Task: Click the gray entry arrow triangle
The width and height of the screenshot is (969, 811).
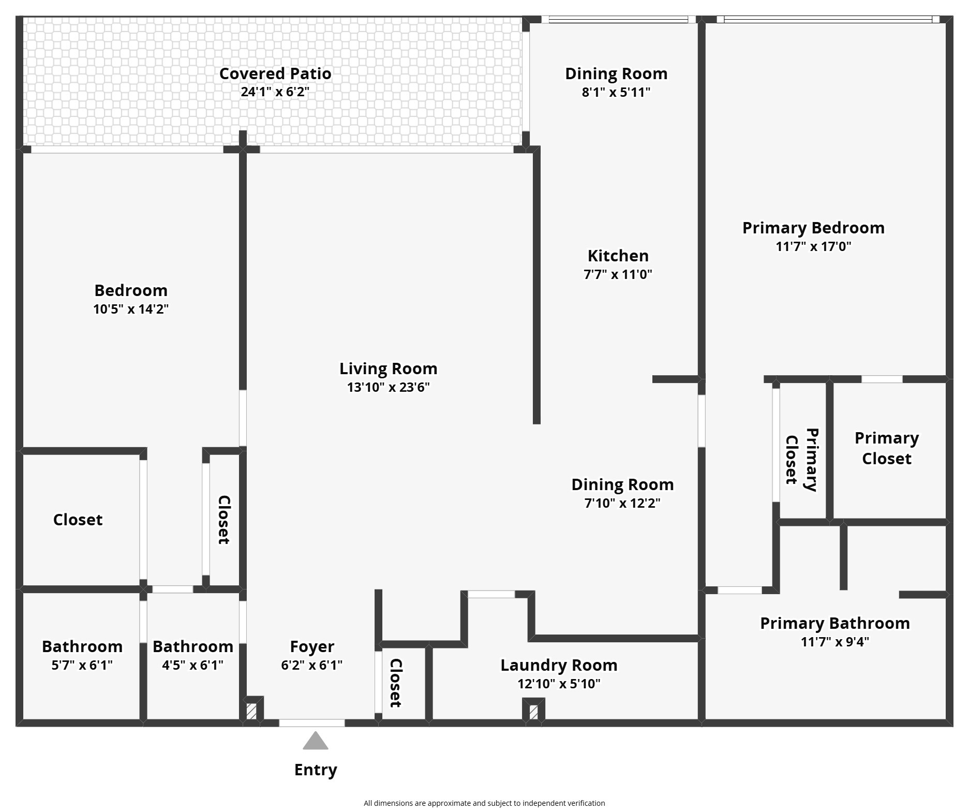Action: click(315, 741)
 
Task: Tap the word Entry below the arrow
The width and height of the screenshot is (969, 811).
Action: click(316, 770)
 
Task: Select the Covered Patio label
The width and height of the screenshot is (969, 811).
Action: click(275, 73)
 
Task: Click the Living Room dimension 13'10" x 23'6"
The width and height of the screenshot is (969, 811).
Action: click(389, 387)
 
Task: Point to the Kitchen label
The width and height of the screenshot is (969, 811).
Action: click(618, 256)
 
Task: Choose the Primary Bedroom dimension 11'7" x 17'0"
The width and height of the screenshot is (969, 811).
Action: click(813, 246)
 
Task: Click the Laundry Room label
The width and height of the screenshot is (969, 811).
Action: click(559, 666)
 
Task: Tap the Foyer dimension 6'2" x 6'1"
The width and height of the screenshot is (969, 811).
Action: click(312, 665)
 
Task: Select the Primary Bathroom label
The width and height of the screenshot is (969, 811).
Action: click(835, 623)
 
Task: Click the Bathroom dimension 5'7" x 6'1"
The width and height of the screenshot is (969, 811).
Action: click(82, 665)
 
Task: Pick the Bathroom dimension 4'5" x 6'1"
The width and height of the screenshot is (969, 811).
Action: click(193, 665)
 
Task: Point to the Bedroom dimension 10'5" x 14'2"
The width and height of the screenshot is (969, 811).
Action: click(131, 309)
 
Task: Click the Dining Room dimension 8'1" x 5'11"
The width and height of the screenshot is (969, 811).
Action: click(616, 92)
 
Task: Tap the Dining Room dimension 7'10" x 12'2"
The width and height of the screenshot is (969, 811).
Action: click(622, 503)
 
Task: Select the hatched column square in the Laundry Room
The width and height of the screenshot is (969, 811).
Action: click(533, 712)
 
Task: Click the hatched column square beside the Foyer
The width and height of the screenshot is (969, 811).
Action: click(251, 711)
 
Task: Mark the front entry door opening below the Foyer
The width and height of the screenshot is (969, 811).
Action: click(312, 723)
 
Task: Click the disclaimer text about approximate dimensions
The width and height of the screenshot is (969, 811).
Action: click(484, 803)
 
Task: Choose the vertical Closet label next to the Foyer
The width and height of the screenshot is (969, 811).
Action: click(395, 683)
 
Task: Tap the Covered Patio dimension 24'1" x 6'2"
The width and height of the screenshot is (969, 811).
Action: click(275, 92)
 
